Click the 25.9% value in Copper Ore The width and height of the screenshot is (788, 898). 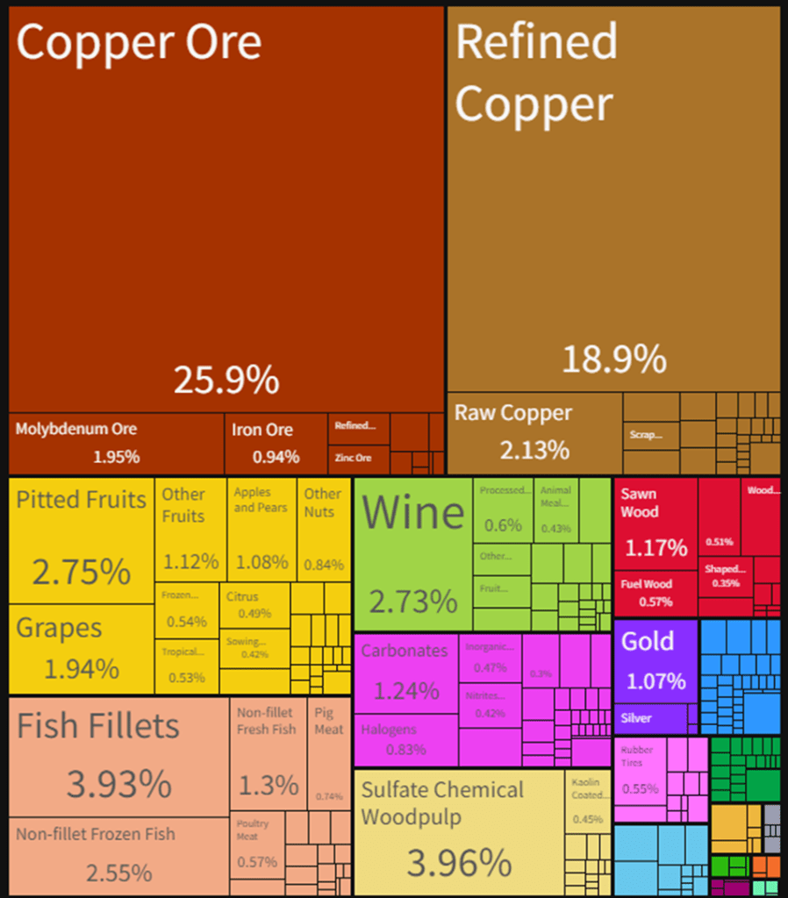pyautogui.click(x=226, y=380)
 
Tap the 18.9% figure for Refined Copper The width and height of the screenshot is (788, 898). pyautogui.click(x=613, y=359)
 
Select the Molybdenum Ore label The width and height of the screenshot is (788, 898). pyautogui.click(x=76, y=429)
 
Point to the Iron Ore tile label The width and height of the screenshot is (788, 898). pyautogui.click(x=262, y=430)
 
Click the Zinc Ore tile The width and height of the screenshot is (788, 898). pyautogui.click(x=353, y=458)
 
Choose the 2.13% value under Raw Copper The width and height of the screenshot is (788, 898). pyautogui.click(x=534, y=450)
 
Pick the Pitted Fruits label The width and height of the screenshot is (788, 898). pyautogui.click(x=82, y=500)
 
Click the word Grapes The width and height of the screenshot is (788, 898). pyautogui.click(x=60, y=628)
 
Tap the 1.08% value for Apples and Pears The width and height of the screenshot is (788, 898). pyautogui.click(x=262, y=562)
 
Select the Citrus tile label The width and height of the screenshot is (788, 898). pyautogui.click(x=242, y=596)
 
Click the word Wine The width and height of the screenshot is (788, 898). pyautogui.click(x=412, y=512)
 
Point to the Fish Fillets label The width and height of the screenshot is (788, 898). pyautogui.click(x=98, y=726)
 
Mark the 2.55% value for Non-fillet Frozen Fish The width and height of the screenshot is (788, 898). pyautogui.click(x=118, y=873)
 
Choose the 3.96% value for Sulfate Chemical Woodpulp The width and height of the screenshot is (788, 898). pyautogui.click(x=459, y=863)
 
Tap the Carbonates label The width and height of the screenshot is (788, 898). pyautogui.click(x=405, y=651)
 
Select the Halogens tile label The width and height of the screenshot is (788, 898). pyautogui.click(x=389, y=729)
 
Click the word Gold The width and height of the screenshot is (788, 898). pyautogui.click(x=648, y=641)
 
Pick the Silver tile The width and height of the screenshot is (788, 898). pyautogui.click(x=636, y=718)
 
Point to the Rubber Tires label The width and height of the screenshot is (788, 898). pyautogui.click(x=637, y=756)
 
